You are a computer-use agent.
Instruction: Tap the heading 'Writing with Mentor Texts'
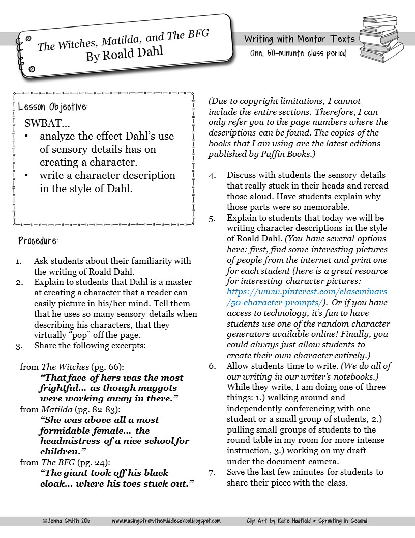[x=299, y=39]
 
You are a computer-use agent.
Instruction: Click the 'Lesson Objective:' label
[x=53, y=107]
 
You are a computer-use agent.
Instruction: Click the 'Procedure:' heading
[x=38, y=240]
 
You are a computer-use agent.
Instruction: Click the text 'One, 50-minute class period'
[x=298, y=53]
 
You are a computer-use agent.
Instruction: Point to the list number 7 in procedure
[x=212, y=472]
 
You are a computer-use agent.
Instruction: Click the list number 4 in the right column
[x=212, y=175]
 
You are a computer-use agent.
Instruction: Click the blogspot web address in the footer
[x=166, y=521]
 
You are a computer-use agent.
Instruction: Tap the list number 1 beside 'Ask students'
[x=19, y=261]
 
